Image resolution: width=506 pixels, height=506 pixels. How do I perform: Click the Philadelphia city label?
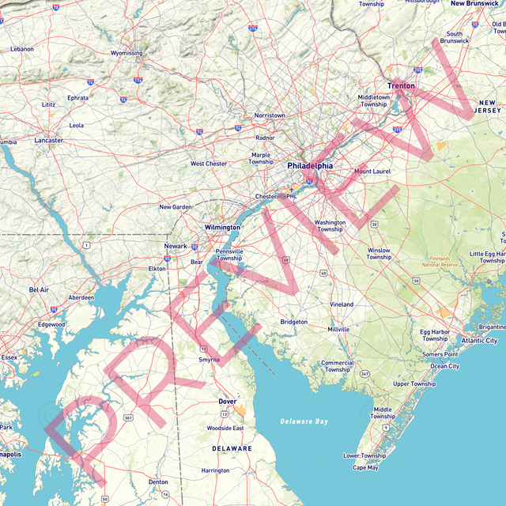pos(310,166)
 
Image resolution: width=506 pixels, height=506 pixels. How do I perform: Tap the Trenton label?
pos(401,85)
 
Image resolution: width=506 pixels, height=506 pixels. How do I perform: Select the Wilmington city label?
pos(222,227)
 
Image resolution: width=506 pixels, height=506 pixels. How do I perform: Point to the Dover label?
pos(227,402)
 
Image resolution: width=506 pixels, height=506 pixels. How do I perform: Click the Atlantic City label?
pos(480,341)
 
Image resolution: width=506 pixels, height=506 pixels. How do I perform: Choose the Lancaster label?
pos(48,140)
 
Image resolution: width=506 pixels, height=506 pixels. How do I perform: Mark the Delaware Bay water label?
pos(304,421)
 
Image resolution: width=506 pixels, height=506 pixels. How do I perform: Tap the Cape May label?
pos(365,467)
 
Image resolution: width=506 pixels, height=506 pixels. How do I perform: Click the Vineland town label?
pos(342,304)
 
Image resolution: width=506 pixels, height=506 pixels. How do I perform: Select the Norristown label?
pos(270,115)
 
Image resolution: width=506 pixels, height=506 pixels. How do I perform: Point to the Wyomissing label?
pos(126,54)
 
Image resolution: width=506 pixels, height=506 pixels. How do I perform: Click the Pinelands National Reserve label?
pos(440,262)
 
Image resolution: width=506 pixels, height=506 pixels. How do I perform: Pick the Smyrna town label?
pos(209,360)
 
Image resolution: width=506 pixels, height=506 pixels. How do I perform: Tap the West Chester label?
pos(209,164)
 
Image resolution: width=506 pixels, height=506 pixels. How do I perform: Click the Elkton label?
pos(157,269)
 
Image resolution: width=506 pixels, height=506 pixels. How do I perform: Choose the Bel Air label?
pos(39,290)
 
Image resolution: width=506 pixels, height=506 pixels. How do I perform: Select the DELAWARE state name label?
pos(232,448)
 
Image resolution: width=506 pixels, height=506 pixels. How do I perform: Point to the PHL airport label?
pos(291,195)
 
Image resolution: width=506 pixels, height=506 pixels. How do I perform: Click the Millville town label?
pos(338,329)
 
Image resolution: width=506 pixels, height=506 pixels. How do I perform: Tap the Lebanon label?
pos(22,49)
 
